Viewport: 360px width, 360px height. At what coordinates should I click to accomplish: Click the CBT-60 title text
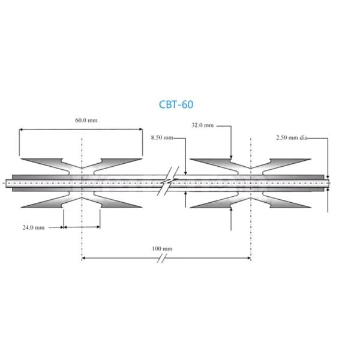point(176,104)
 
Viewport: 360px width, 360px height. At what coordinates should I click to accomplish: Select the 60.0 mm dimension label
point(86,120)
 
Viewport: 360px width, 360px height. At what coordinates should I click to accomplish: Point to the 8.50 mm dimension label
point(161,137)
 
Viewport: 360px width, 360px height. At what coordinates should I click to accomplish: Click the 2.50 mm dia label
point(292,137)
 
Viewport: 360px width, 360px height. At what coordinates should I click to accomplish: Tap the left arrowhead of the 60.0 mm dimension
point(21,129)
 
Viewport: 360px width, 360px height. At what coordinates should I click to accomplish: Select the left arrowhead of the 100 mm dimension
point(84,259)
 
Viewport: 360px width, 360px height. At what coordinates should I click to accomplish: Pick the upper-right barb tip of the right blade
point(311,160)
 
